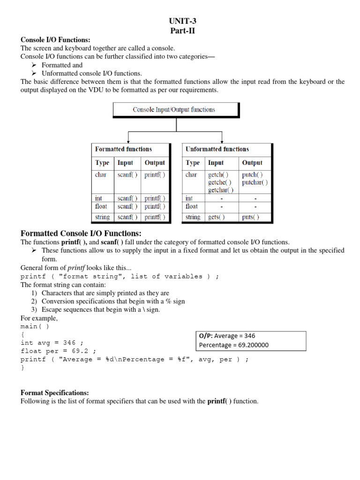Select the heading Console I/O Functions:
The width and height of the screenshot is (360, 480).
pyautogui.click(x=55, y=40)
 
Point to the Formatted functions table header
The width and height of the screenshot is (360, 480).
pyautogui.click(x=123, y=149)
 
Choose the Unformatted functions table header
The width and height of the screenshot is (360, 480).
pyautogui.click(x=217, y=149)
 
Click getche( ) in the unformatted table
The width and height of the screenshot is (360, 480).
pyautogui.click(x=219, y=182)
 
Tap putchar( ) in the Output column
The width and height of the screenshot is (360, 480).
pyautogui.click(x=255, y=182)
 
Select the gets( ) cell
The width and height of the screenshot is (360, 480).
pyautogui.click(x=216, y=217)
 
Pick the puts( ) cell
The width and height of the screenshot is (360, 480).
pyautogui.click(x=250, y=217)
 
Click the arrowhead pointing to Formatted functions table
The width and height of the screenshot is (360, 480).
pyautogui.click(x=129, y=140)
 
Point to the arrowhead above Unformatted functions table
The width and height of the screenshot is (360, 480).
pyautogui.click(x=221, y=140)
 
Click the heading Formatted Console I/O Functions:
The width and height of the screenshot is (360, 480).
pyautogui.click(x=81, y=233)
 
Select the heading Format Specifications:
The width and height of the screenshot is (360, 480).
pyautogui.click(x=54, y=392)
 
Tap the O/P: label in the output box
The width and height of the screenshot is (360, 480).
pyautogui.click(x=207, y=336)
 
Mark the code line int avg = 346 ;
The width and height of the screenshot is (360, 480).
pyautogui.click(x=52, y=343)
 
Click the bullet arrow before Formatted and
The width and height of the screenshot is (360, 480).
pyautogui.click(x=34, y=65)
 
